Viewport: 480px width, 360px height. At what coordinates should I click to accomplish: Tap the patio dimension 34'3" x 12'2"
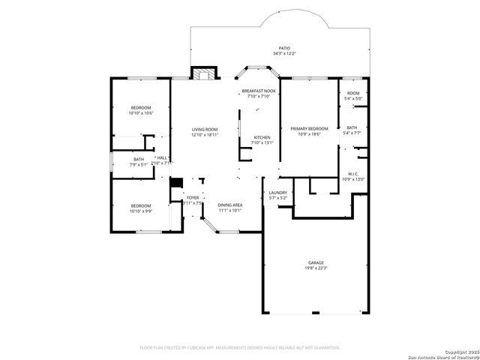coord(284,54)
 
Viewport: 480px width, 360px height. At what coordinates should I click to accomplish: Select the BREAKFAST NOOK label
coord(258,91)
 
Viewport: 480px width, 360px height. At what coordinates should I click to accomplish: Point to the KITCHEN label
coord(262,137)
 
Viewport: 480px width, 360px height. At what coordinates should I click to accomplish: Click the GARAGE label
coord(315,262)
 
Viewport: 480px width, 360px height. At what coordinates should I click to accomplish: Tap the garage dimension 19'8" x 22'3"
coord(315,268)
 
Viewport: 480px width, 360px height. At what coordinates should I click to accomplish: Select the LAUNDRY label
coord(277,193)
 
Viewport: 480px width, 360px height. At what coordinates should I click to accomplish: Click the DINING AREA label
coord(229,205)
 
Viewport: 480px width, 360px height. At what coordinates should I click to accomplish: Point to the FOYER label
coord(193,197)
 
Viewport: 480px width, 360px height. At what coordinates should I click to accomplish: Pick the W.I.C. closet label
coord(352,174)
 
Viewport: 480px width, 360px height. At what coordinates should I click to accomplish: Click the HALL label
coord(162,157)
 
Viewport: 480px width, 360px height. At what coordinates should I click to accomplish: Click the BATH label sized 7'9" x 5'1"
coord(139,159)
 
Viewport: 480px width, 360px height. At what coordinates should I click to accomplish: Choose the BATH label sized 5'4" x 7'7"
coord(352,127)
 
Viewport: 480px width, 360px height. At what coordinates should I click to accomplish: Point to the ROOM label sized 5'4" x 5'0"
coord(352,93)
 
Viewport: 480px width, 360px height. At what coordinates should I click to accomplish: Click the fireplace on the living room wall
coord(202,73)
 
